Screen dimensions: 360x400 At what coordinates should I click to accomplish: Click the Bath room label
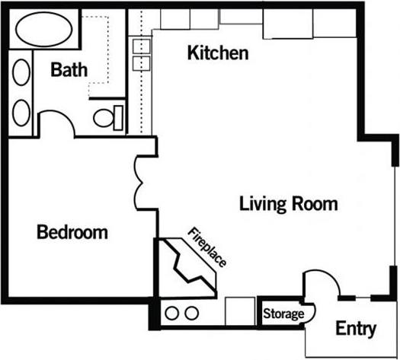69,70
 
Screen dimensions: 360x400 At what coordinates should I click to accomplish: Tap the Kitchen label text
218,53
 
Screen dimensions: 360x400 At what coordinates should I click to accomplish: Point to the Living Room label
288,204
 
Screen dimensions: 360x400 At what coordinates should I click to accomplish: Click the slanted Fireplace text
208,247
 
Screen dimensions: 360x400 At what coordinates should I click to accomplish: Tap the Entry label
356,329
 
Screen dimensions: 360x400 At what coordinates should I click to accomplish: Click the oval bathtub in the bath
44,32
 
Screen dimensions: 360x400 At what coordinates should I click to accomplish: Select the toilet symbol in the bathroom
107,116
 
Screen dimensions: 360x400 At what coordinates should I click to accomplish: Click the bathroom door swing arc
56,122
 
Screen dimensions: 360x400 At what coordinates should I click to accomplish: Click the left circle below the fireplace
172,313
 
